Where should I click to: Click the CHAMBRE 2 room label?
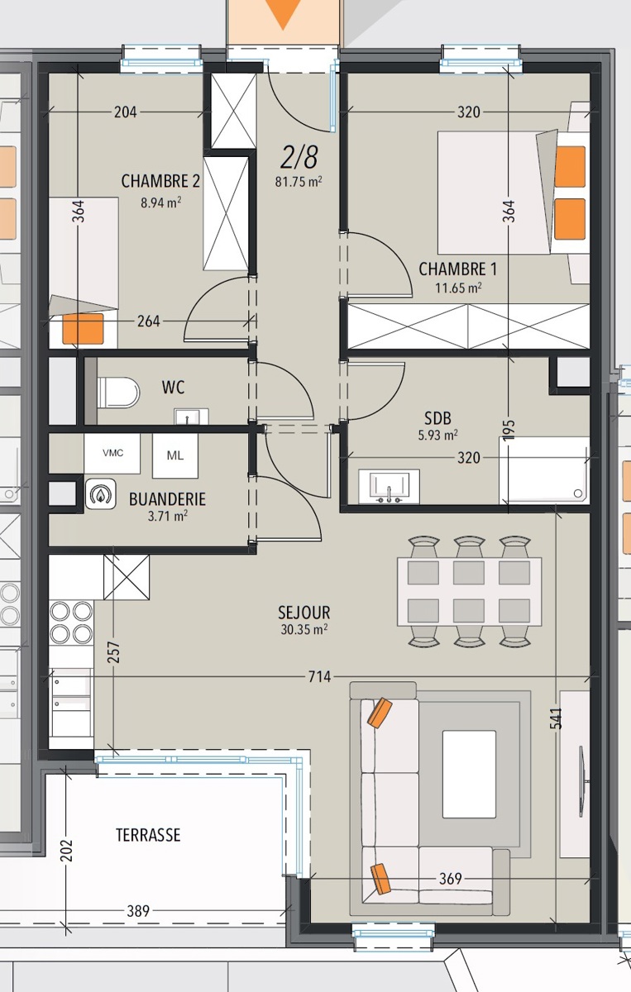tap(160, 181)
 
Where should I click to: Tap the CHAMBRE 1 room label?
tap(457, 269)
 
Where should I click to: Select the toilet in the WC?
tap(118, 392)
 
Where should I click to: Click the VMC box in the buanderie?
tap(112, 453)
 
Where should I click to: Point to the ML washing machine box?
tap(175, 455)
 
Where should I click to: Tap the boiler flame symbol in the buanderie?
tap(101, 494)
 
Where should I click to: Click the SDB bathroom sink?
tap(389, 486)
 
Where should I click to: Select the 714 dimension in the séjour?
tap(319, 676)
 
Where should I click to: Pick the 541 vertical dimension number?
tap(556, 718)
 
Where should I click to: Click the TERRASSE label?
tap(148, 835)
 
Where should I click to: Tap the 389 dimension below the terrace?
tap(138, 911)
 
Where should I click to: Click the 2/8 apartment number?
tap(299, 157)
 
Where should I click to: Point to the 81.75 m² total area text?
tap(299, 182)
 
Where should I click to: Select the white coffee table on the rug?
tap(469, 774)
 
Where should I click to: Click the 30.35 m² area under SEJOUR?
tap(304, 629)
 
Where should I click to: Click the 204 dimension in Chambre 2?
tap(126, 112)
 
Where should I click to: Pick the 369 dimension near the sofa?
tap(450, 878)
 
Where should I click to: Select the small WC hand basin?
tap(191, 417)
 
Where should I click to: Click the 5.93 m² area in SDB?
tap(437, 435)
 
